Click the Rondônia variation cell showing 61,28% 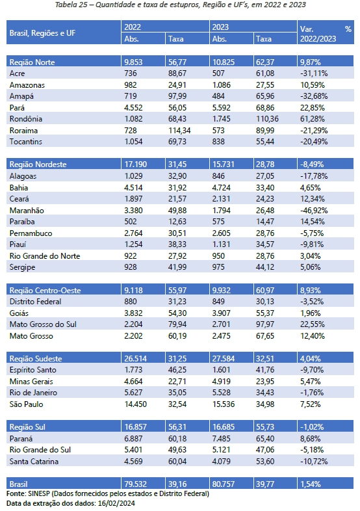(x=312, y=119)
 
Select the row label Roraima (x=23, y=131)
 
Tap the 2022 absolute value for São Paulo (x=135, y=404)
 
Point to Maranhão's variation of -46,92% (x=314, y=210)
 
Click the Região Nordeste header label (x=38, y=164)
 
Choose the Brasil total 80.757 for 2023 (x=223, y=484)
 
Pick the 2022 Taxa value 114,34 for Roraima (x=179, y=131)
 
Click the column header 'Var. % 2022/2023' (x=326, y=34)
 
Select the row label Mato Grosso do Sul (x=43, y=324)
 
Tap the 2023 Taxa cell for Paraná (x=265, y=438)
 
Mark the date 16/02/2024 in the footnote (x=116, y=503)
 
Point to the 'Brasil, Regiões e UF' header (x=42, y=33)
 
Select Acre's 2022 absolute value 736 (x=131, y=73)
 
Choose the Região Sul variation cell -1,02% (x=312, y=427)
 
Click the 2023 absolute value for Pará (x=221, y=107)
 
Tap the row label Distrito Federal (x=35, y=302)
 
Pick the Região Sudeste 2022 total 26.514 (x=135, y=358)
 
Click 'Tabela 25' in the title (x=71, y=5)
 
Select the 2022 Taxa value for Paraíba (x=177, y=222)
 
